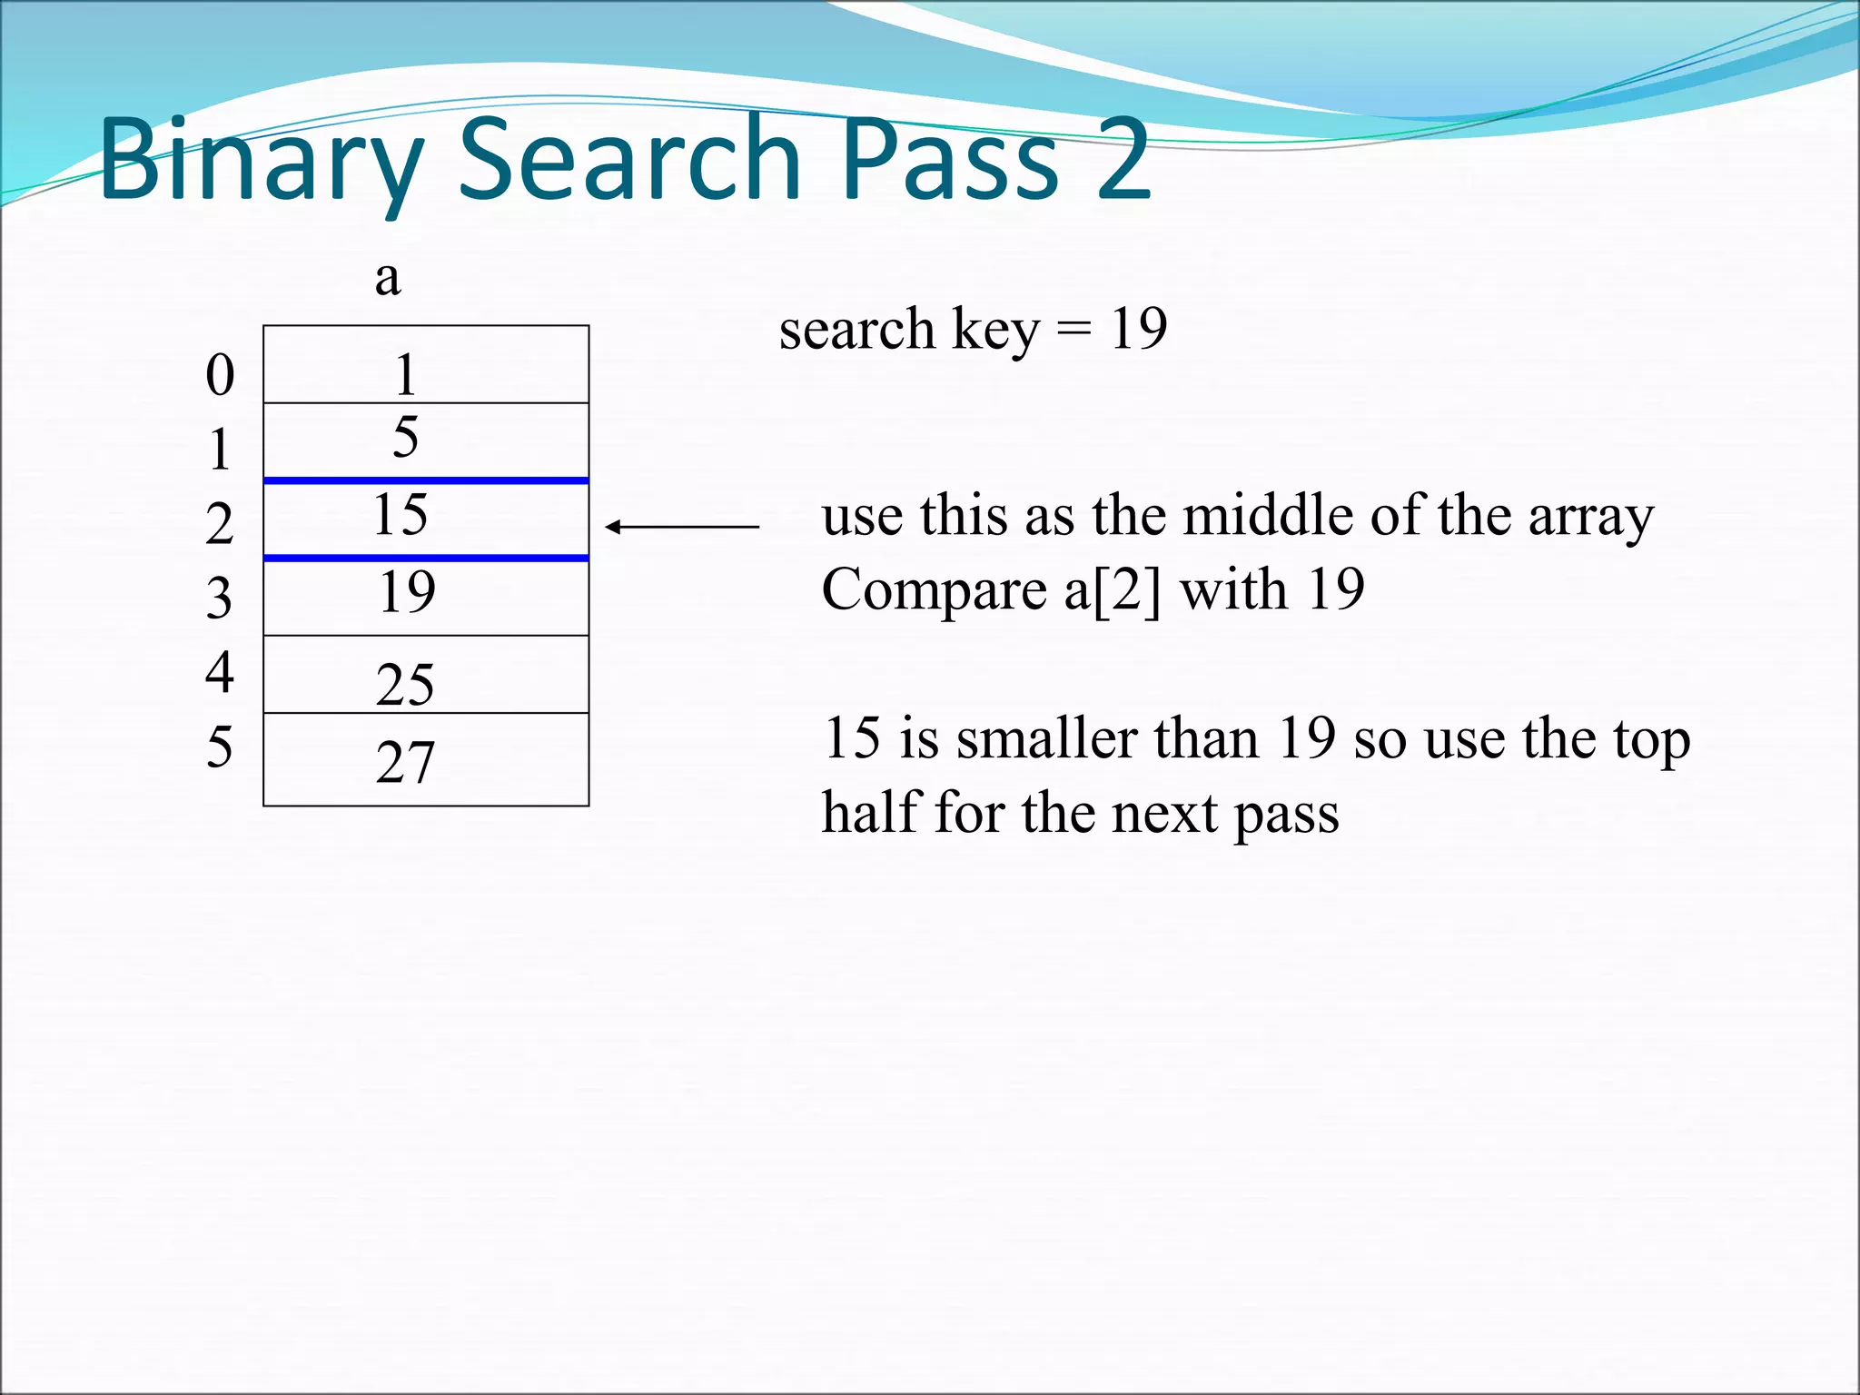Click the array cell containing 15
coord(425,518)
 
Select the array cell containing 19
coord(425,595)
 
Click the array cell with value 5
coord(425,440)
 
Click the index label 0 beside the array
coord(220,374)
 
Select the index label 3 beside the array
coord(219,599)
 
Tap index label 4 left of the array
coord(220,672)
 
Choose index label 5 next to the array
coord(219,747)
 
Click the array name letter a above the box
coord(388,278)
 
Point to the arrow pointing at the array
coord(681,527)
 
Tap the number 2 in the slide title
coord(1123,160)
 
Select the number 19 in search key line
coord(1138,329)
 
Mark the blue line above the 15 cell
coord(425,480)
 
